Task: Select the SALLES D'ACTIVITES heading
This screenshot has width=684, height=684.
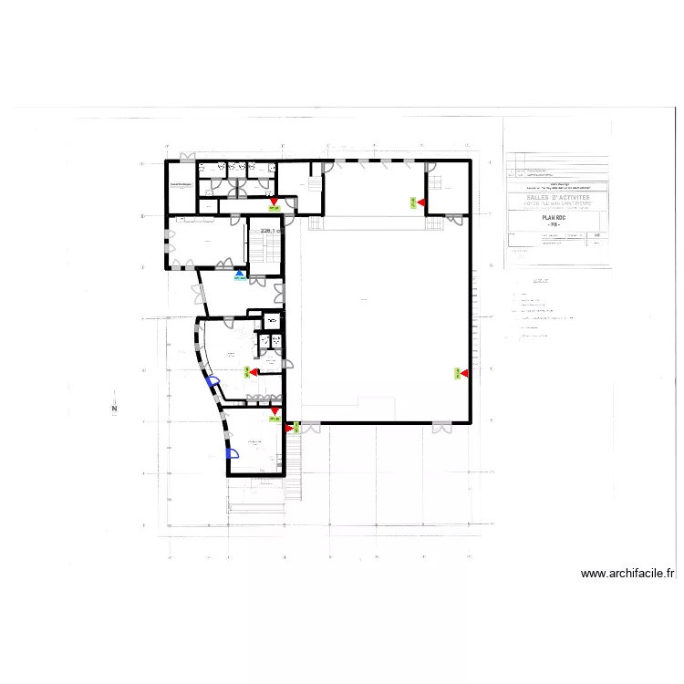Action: tap(557, 196)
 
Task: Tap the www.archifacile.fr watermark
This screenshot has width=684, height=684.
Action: tap(627, 574)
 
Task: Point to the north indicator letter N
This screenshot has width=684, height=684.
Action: tap(114, 409)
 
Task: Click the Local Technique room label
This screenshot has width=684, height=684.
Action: tap(180, 185)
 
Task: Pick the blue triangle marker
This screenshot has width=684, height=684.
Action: tap(240, 273)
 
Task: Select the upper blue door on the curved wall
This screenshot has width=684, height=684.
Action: tap(212, 383)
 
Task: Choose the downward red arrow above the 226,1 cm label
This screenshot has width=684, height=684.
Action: tap(274, 202)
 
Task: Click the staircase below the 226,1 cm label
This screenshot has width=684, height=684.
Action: tap(264, 252)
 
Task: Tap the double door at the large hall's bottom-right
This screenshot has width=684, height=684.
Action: tap(440, 425)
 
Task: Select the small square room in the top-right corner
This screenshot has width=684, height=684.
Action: tap(447, 191)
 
